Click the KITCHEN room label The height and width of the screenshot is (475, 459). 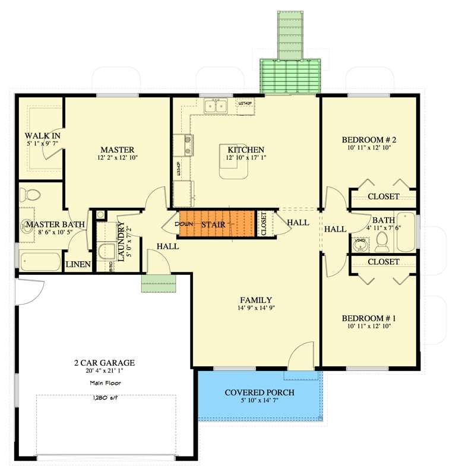246,150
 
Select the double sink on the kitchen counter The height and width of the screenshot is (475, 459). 216,107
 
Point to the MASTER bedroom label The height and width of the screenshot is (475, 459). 117,150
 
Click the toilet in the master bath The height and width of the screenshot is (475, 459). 29,195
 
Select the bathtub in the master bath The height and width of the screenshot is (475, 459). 40,261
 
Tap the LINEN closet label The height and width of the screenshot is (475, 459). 77,265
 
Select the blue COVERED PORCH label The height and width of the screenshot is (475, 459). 259,392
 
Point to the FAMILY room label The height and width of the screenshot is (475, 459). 256,300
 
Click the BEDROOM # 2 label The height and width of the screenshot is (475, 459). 368,140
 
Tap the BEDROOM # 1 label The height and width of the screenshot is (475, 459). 368,318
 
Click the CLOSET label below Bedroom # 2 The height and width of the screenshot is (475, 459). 383,197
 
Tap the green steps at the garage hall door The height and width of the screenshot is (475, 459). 159,283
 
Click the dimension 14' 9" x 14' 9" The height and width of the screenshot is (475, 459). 256,308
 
